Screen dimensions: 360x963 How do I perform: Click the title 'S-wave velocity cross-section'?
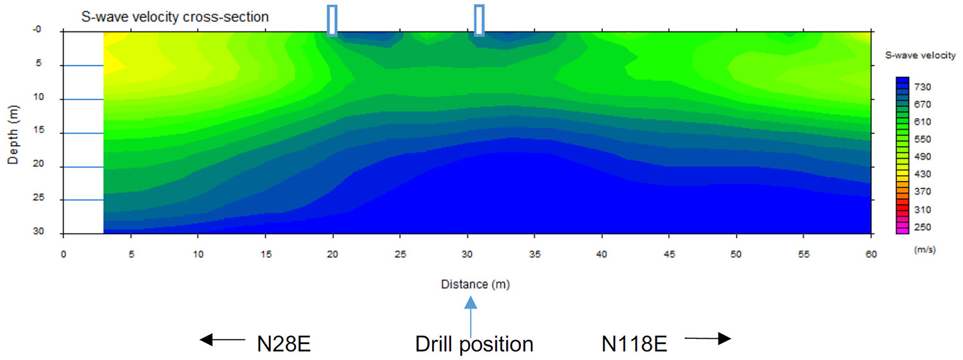click(175, 17)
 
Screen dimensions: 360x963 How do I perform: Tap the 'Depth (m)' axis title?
click(13, 132)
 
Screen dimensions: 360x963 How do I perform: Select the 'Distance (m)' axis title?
click(475, 284)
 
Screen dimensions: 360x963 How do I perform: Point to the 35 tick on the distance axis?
click(534, 253)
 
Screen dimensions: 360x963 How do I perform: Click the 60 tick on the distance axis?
click(871, 253)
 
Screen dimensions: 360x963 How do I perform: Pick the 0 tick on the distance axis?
click(63, 253)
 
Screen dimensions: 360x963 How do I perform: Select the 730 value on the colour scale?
click(922, 87)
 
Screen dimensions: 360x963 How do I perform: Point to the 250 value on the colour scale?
click(922, 227)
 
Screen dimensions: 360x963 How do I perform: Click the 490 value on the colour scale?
click(922, 157)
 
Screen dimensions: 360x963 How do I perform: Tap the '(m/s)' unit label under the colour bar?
click(924, 250)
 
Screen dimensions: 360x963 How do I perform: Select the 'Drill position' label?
click(474, 345)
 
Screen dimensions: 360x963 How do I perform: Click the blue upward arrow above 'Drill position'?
click(471, 314)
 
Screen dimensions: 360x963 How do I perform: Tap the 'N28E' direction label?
click(284, 345)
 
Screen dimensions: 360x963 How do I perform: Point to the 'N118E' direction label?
click(634, 345)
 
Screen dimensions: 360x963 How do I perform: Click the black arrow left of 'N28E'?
click(222, 339)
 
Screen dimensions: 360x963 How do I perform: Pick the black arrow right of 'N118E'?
click(707, 339)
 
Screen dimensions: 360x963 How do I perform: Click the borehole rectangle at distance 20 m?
click(332, 20)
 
